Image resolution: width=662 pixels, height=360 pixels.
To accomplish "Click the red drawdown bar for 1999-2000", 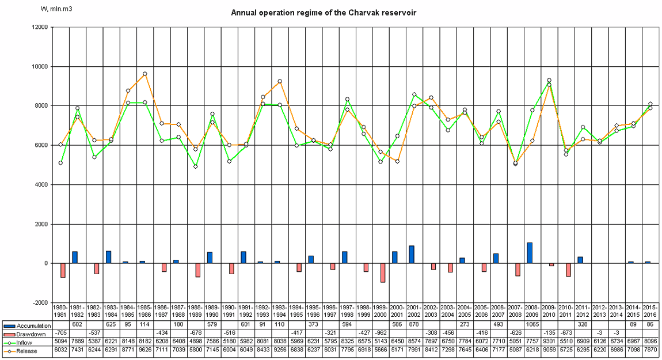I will [382, 272].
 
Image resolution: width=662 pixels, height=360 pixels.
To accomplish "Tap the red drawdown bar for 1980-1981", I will [63, 270].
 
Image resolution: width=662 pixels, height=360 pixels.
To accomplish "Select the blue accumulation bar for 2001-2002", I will [412, 255].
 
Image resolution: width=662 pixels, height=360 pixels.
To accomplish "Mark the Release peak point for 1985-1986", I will [144, 74].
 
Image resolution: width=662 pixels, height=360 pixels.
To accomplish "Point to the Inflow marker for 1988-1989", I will [195, 166].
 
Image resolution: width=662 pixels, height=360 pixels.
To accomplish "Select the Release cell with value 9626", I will [145, 350].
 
